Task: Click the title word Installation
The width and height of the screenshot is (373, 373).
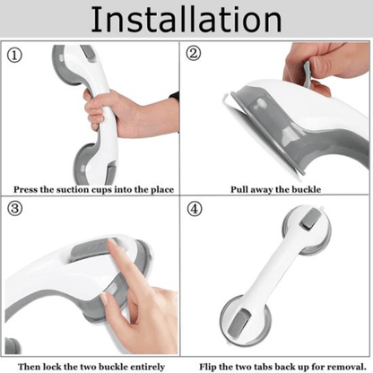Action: coord(186,20)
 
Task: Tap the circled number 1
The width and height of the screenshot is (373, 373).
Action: coord(15,55)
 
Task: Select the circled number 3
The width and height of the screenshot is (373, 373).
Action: coord(15,210)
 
